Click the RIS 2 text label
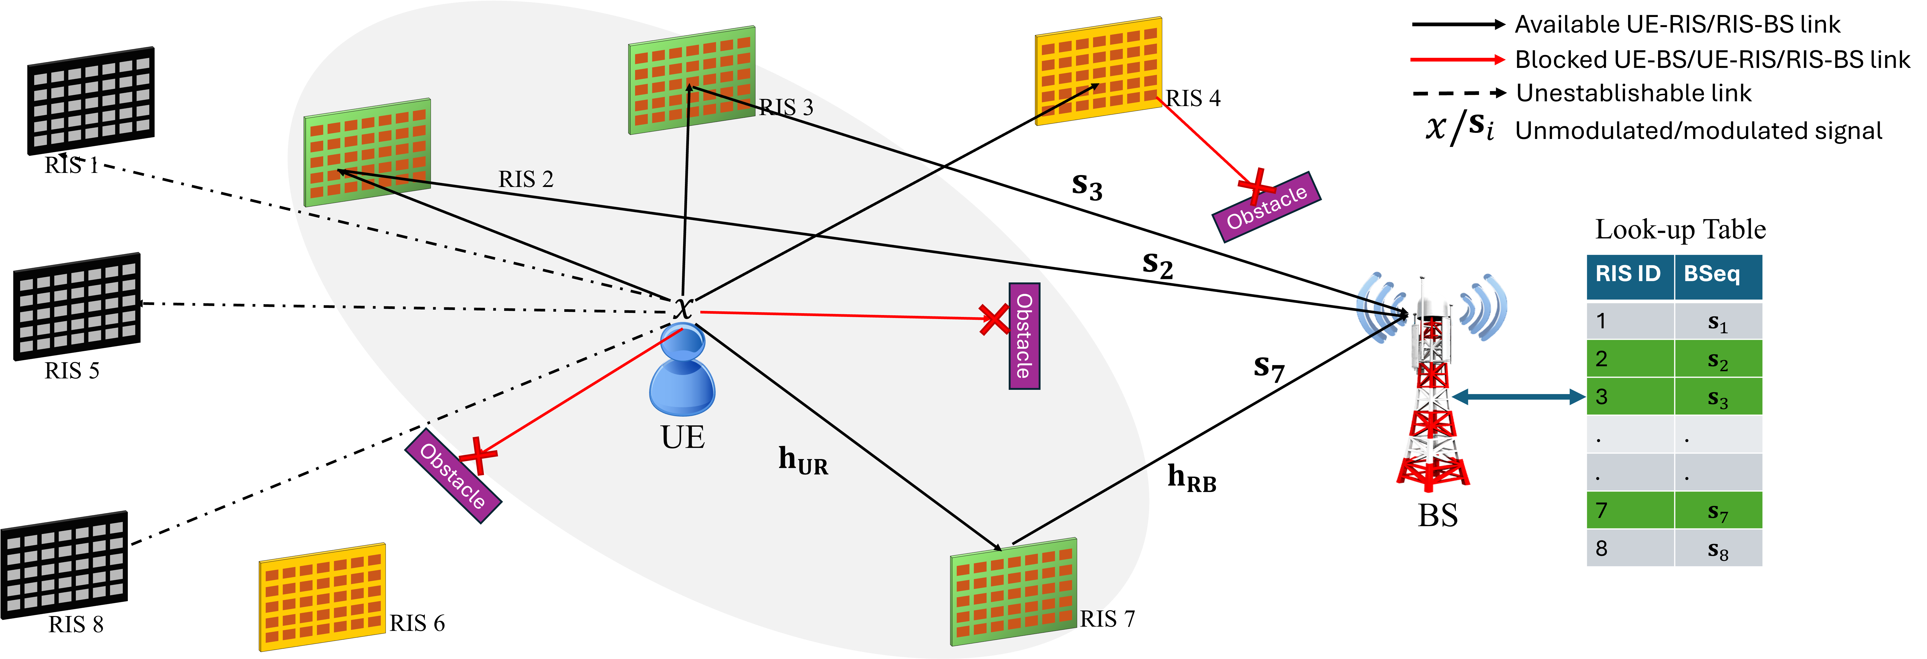[x=526, y=180]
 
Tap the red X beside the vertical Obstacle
[x=994, y=319]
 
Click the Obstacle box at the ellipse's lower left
[x=453, y=476]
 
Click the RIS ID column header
[x=1628, y=274]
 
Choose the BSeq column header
[x=1718, y=274]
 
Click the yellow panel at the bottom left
[x=322, y=597]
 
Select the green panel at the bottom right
[x=1014, y=591]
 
